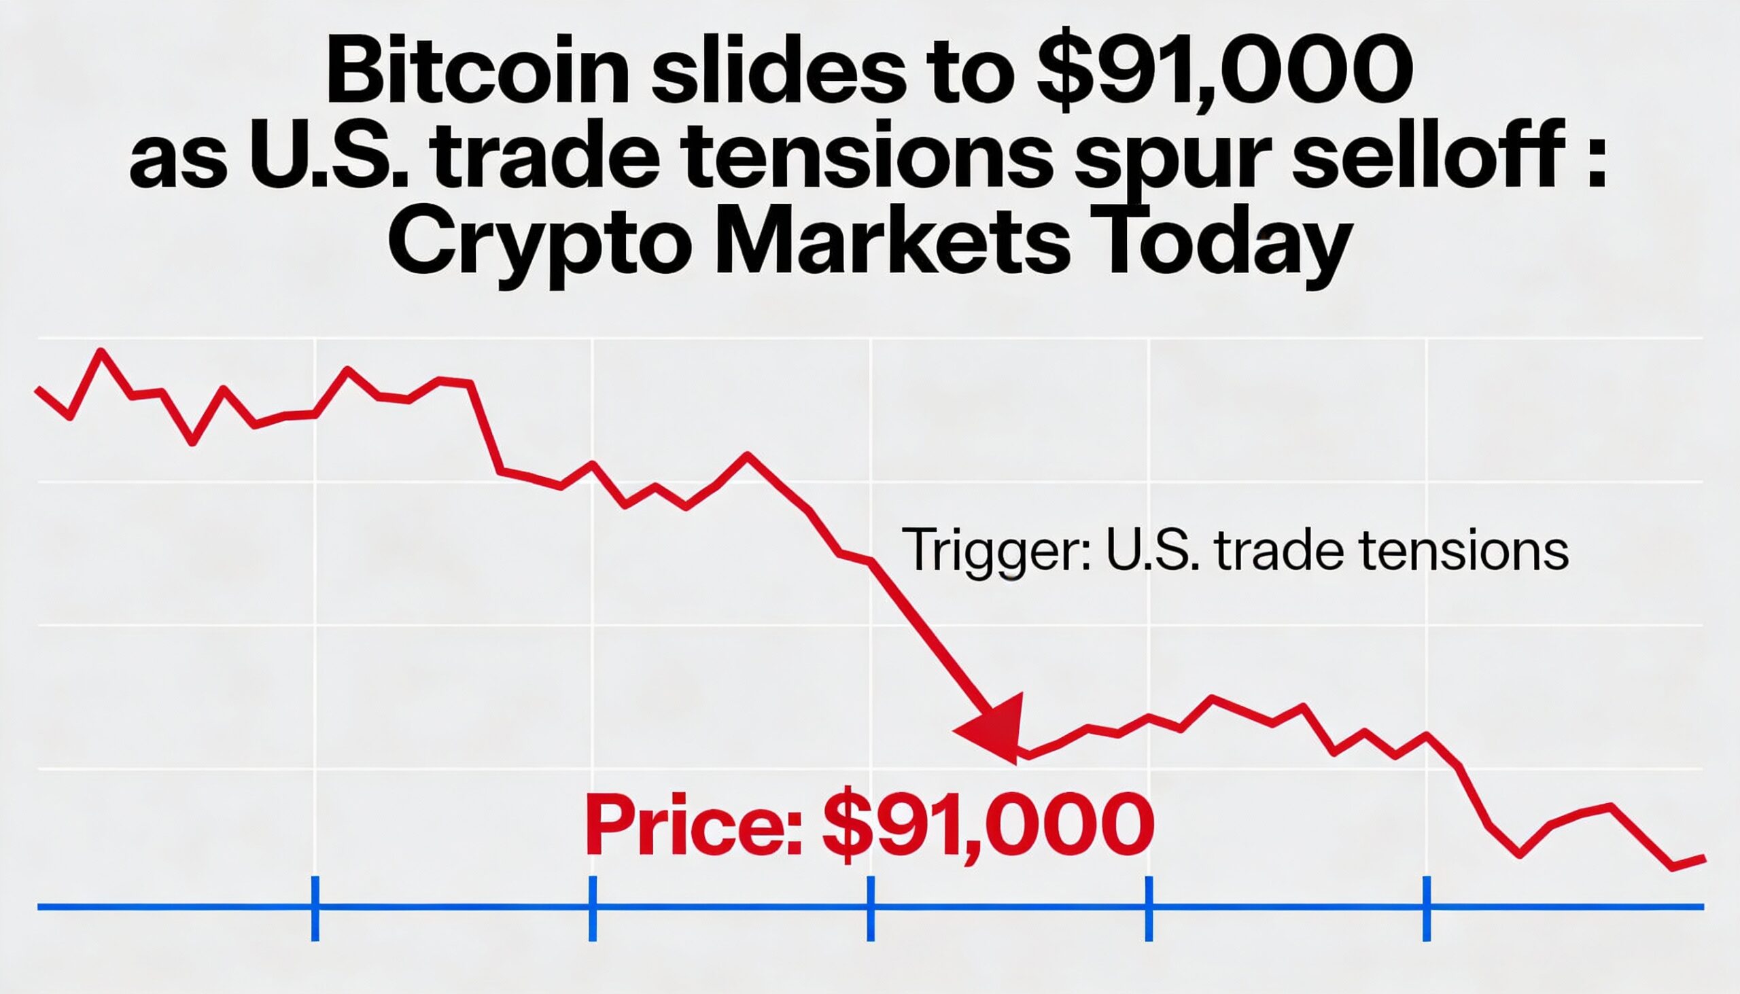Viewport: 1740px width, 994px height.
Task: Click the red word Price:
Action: (694, 826)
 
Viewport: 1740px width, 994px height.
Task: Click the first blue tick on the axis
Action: (315, 907)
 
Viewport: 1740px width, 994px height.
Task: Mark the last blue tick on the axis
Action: (1427, 907)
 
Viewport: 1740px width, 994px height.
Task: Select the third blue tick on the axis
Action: (871, 907)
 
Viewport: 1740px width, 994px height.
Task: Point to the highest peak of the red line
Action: (102, 351)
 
